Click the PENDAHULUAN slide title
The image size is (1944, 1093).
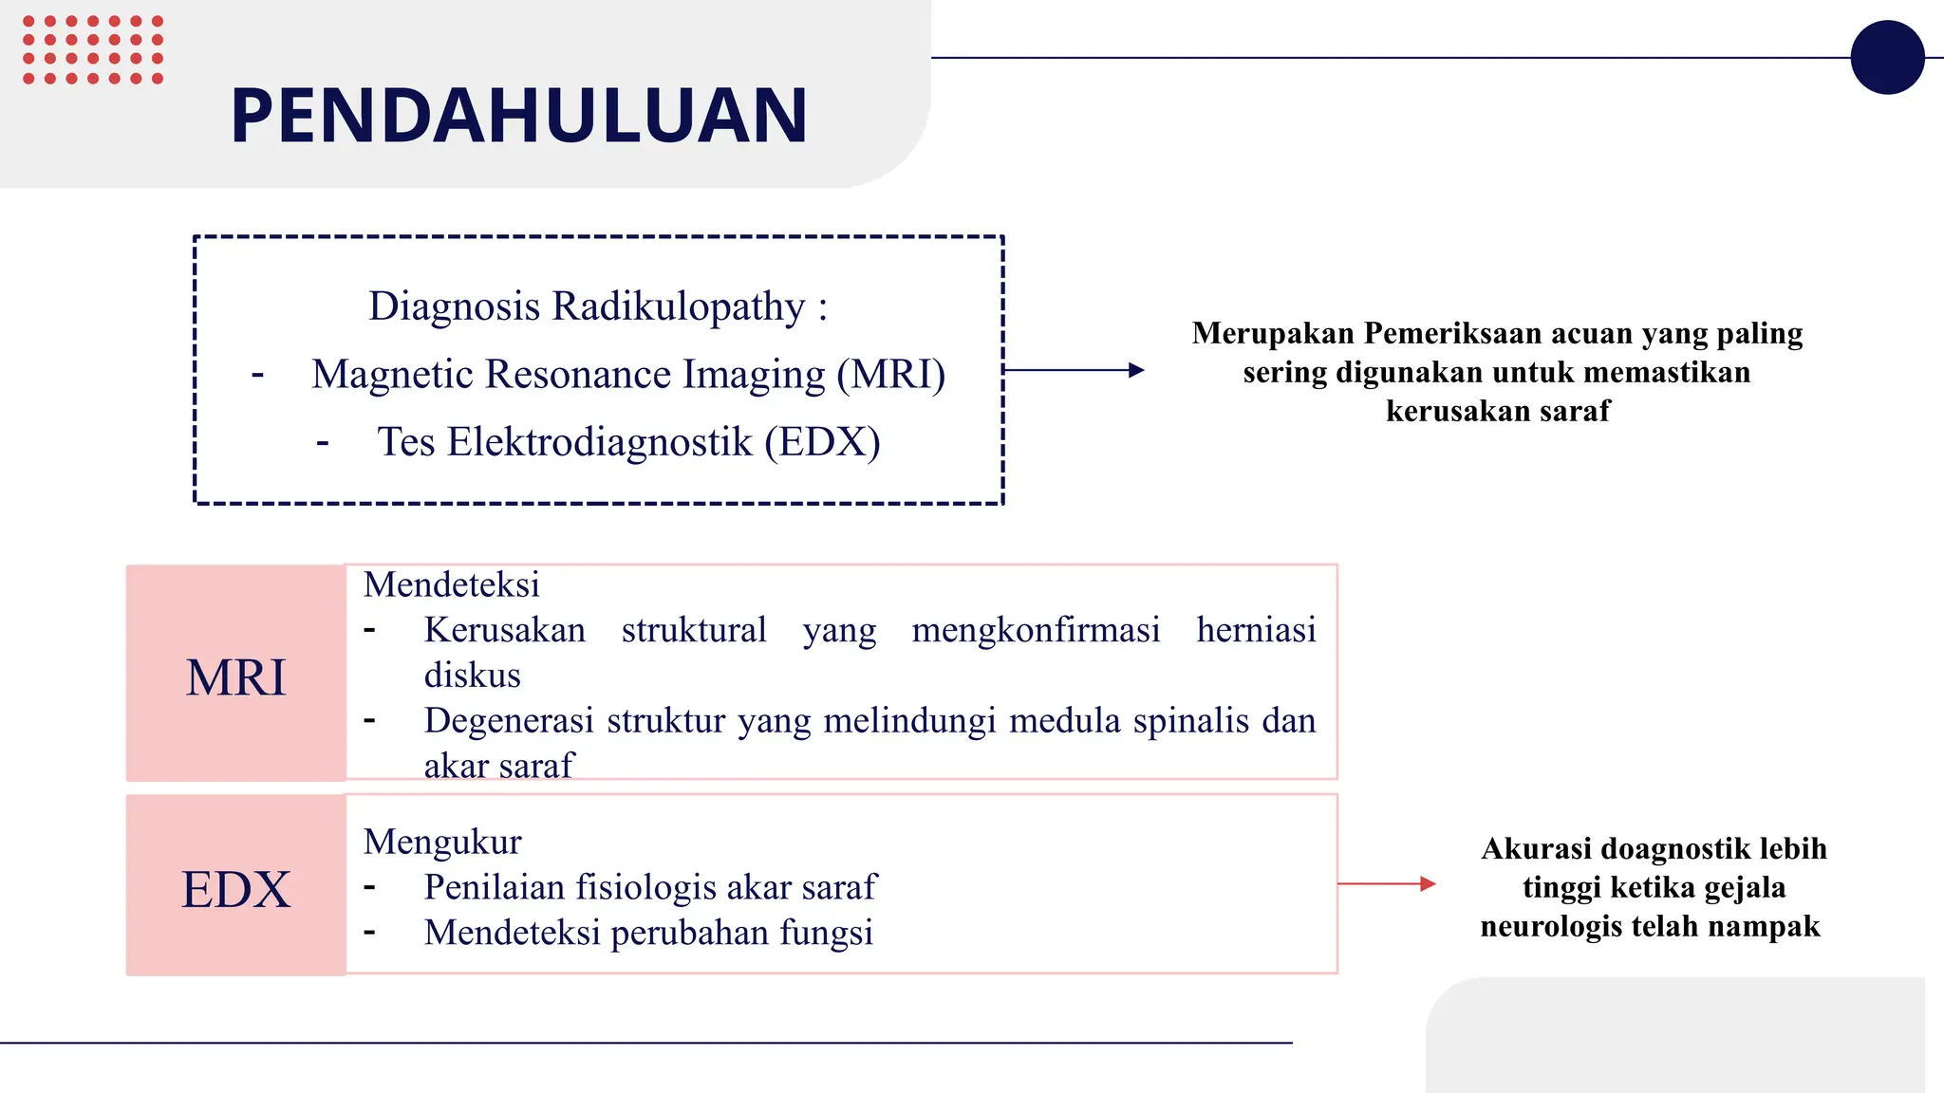(518, 116)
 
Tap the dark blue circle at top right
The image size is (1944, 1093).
(1887, 57)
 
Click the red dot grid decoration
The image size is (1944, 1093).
(92, 49)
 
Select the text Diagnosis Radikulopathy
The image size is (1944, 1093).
(587, 306)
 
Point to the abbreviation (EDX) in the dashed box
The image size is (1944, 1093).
(822, 442)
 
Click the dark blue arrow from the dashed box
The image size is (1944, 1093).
(1073, 370)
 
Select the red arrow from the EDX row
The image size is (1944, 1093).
(1386, 883)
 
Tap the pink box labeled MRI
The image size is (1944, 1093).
(235, 676)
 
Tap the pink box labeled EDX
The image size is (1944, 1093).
(235, 888)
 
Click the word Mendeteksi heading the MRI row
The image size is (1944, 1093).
(451, 584)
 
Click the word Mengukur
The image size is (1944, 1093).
(442, 842)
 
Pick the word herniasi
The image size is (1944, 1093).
(1255, 630)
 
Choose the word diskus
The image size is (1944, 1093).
(472, 676)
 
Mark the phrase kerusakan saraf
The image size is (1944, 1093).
(1498, 411)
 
